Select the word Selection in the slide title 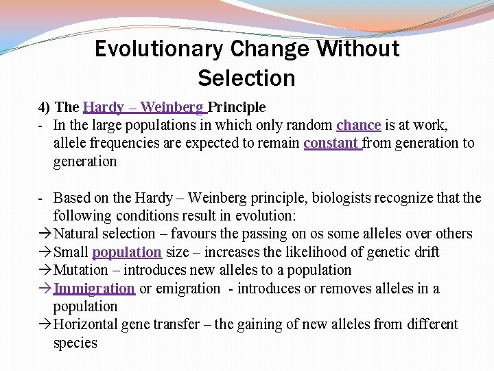tap(246, 78)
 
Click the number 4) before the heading tap(44, 107)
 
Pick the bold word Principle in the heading tap(237, 107)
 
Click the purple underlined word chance tap(358, 125)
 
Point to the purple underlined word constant tap(331, 143)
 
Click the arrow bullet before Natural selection tap(45, 234)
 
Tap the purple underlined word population tap(127, 252)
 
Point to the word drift tap(425, 252)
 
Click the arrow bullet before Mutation tap(45, 270)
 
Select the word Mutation tap(81, 270)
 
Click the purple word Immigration tap(94, 289)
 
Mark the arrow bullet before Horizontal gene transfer tap(45, 324)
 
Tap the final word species tap(75, 343)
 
